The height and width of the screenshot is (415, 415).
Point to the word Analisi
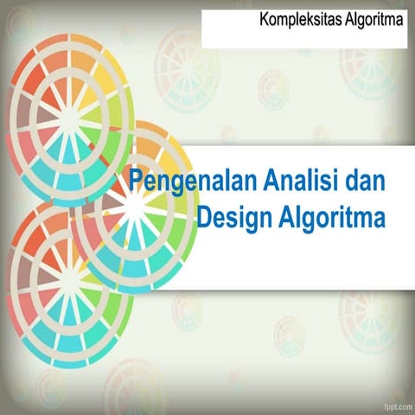pos(300,182)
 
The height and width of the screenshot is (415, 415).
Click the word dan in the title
pos(363,182)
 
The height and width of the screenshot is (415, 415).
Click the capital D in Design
pos(206,215)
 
